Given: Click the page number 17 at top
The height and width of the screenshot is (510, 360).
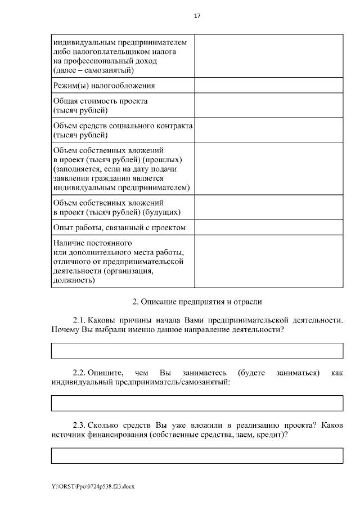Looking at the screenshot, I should [197, 16].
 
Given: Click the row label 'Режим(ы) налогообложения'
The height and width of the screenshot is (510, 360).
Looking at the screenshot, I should [103, 86].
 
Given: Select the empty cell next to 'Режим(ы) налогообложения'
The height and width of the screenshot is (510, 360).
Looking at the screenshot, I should [268, 86].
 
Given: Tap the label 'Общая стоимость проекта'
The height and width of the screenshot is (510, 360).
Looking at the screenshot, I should [100, 101].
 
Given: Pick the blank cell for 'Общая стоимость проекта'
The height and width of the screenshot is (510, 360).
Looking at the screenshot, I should [268, 106].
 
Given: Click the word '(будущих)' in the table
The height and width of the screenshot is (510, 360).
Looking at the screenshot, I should [161, 212].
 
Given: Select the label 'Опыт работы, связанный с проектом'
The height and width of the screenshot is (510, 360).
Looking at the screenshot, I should [119, 227].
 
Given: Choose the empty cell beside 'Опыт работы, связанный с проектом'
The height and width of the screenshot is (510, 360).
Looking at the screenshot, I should [268, 227].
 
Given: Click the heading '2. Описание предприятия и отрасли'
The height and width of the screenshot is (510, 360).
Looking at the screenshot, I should [197, 302].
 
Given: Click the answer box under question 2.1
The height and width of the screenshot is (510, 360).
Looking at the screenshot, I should [197, 350].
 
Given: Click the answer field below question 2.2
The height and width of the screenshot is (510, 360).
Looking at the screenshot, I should [197, 403].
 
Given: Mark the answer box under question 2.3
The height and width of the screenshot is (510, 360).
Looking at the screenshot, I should [197, 455].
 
